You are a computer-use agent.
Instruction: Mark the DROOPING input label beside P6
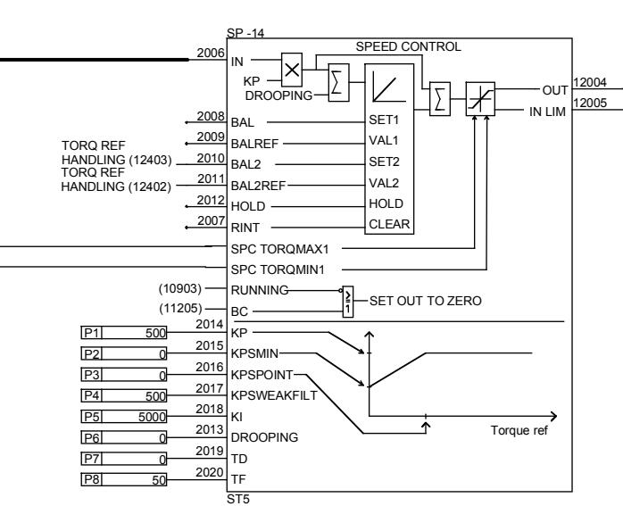(x=264, y=437)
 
